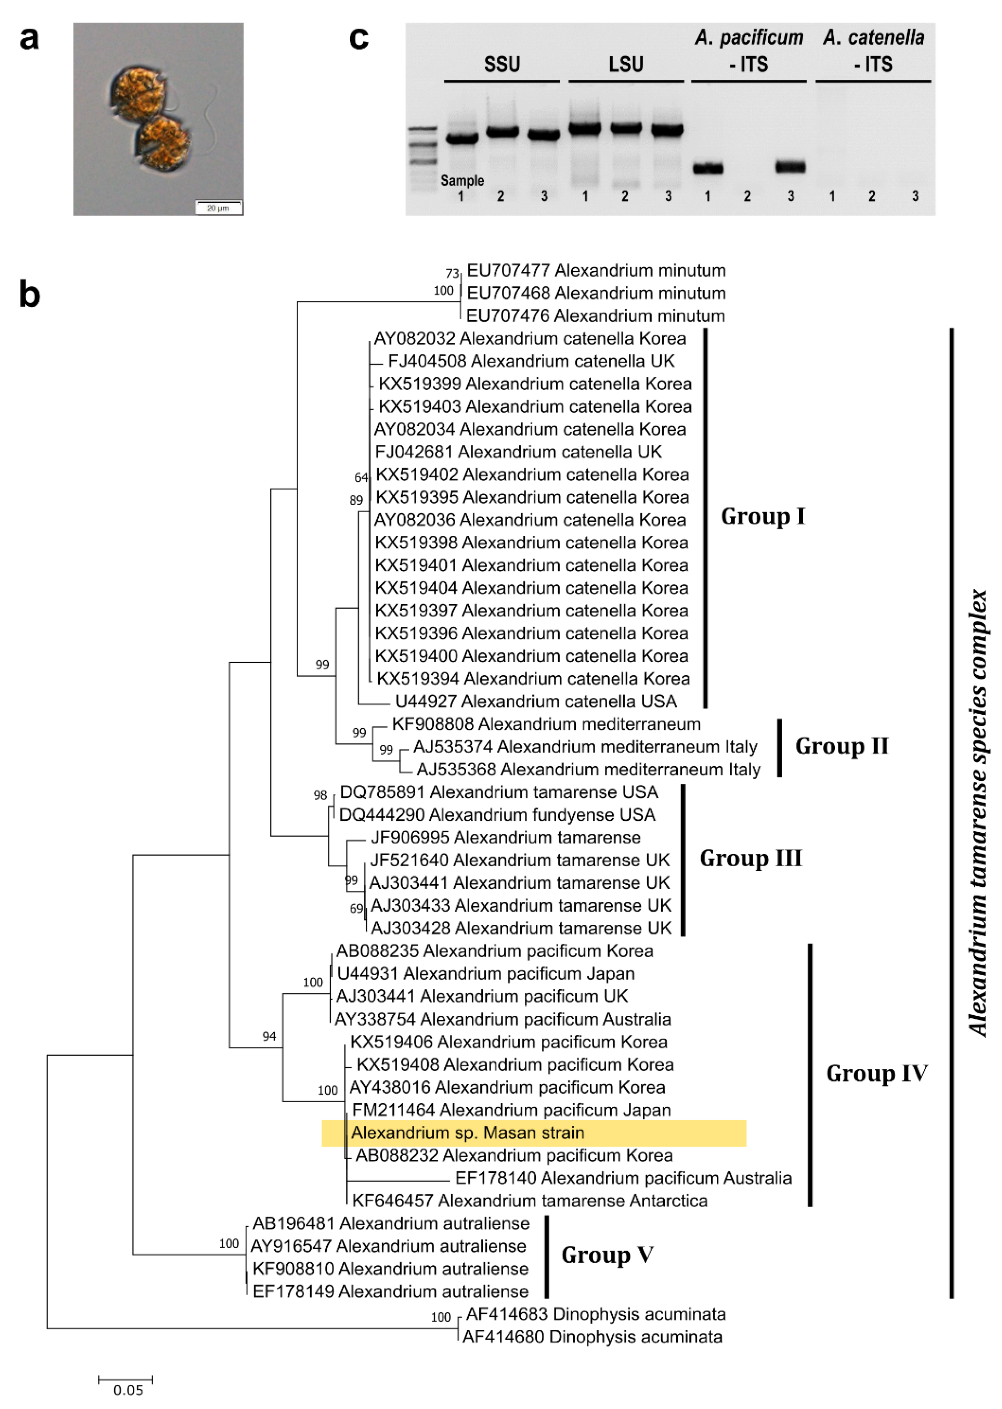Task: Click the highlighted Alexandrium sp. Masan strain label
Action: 467,1133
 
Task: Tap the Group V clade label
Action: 607,1255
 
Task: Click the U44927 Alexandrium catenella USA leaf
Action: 535,702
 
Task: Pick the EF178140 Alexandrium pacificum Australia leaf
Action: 623,1178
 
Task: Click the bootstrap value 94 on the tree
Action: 269,1036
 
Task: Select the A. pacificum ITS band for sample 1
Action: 708,168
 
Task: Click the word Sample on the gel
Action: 462,181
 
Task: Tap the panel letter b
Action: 29,295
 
